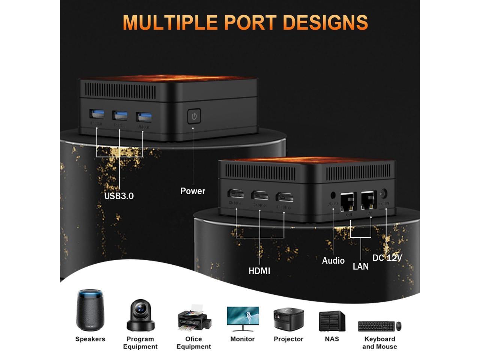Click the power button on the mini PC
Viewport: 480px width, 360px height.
[194, 116]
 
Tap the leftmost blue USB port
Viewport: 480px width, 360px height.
[96, 114]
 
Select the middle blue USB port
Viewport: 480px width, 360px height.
[120, 115]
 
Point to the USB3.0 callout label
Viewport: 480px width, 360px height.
[119, 196]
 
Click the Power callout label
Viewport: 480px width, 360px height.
[193, 191]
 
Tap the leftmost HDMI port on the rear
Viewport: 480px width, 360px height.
[236, 194]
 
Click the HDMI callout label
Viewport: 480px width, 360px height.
[259, 271]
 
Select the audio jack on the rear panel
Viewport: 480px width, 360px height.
[333, 195]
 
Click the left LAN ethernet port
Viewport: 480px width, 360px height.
[348, 201]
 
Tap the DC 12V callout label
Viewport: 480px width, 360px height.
[387, 258]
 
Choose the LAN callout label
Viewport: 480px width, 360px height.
[361, 266]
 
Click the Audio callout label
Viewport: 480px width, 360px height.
[333, 261]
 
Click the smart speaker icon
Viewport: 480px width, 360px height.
[89, 310]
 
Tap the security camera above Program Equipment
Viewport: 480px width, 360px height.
[141, 315]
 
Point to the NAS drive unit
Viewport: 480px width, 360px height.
[332, 321]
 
